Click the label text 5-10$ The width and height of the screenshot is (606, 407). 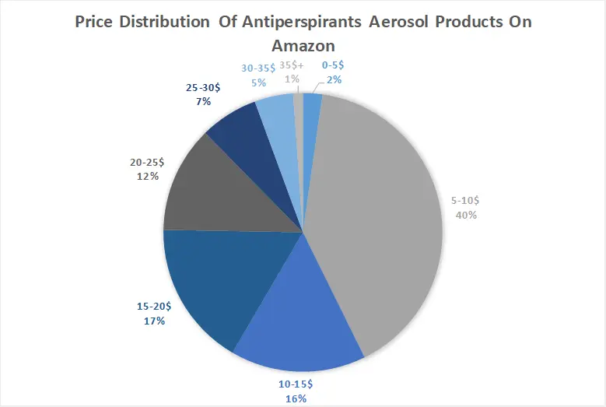(467, 201)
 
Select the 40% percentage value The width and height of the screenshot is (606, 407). (467, 215)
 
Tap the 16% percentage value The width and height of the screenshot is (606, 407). (296, 398)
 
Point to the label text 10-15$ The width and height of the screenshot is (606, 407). (296, 384)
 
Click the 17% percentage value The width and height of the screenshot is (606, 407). (153, 321)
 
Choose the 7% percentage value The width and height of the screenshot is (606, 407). (204, 102)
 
